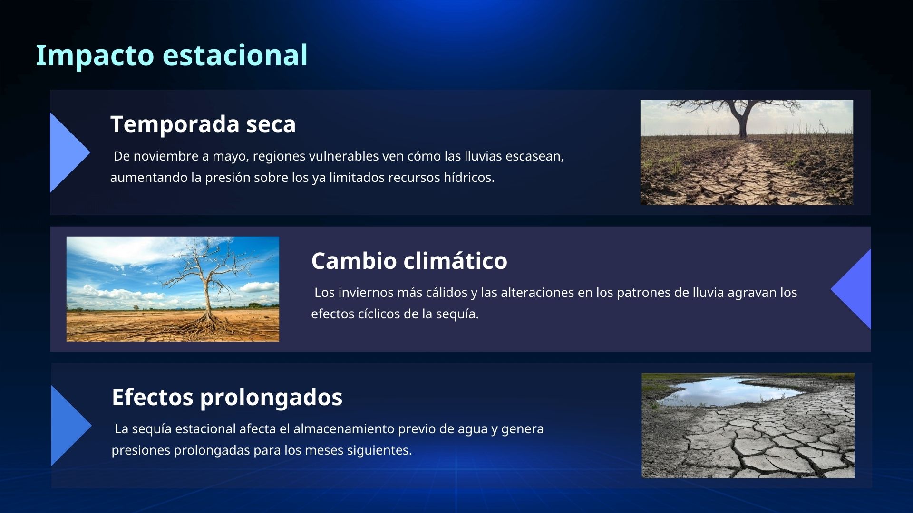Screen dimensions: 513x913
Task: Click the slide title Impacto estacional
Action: click(x=172, y=55)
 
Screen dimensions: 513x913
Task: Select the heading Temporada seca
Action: click(x=203, y=124)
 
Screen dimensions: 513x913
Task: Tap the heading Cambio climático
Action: click(x=409, y=261)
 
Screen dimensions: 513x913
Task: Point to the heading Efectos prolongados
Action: click(x=227, y=397)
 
